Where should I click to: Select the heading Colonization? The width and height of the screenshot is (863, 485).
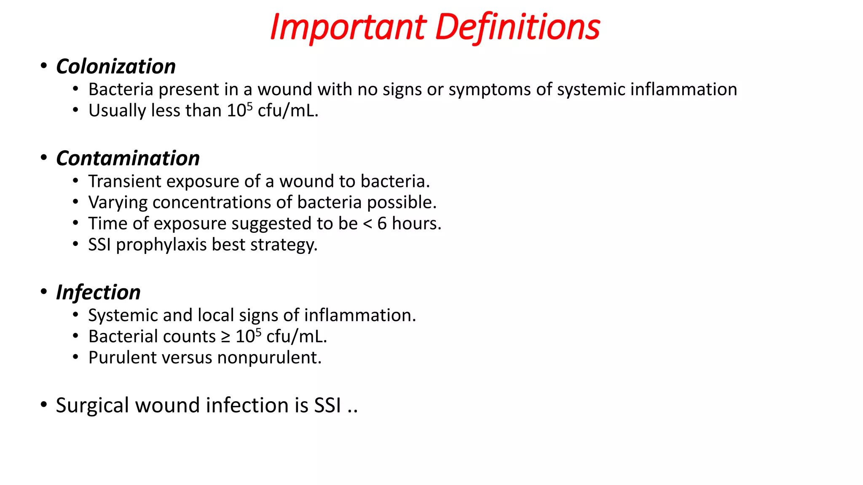pos(116,67)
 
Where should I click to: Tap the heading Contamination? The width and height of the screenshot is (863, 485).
pos(128,158)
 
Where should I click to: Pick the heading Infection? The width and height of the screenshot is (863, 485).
pos(98,292)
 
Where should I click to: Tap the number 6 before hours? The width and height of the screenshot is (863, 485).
pos(382,224)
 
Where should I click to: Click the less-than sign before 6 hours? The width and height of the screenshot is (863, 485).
pos(367,224)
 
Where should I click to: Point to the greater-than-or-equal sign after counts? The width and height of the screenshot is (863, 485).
pos(226,337)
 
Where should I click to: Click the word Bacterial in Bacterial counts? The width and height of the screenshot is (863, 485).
pos(123,337)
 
